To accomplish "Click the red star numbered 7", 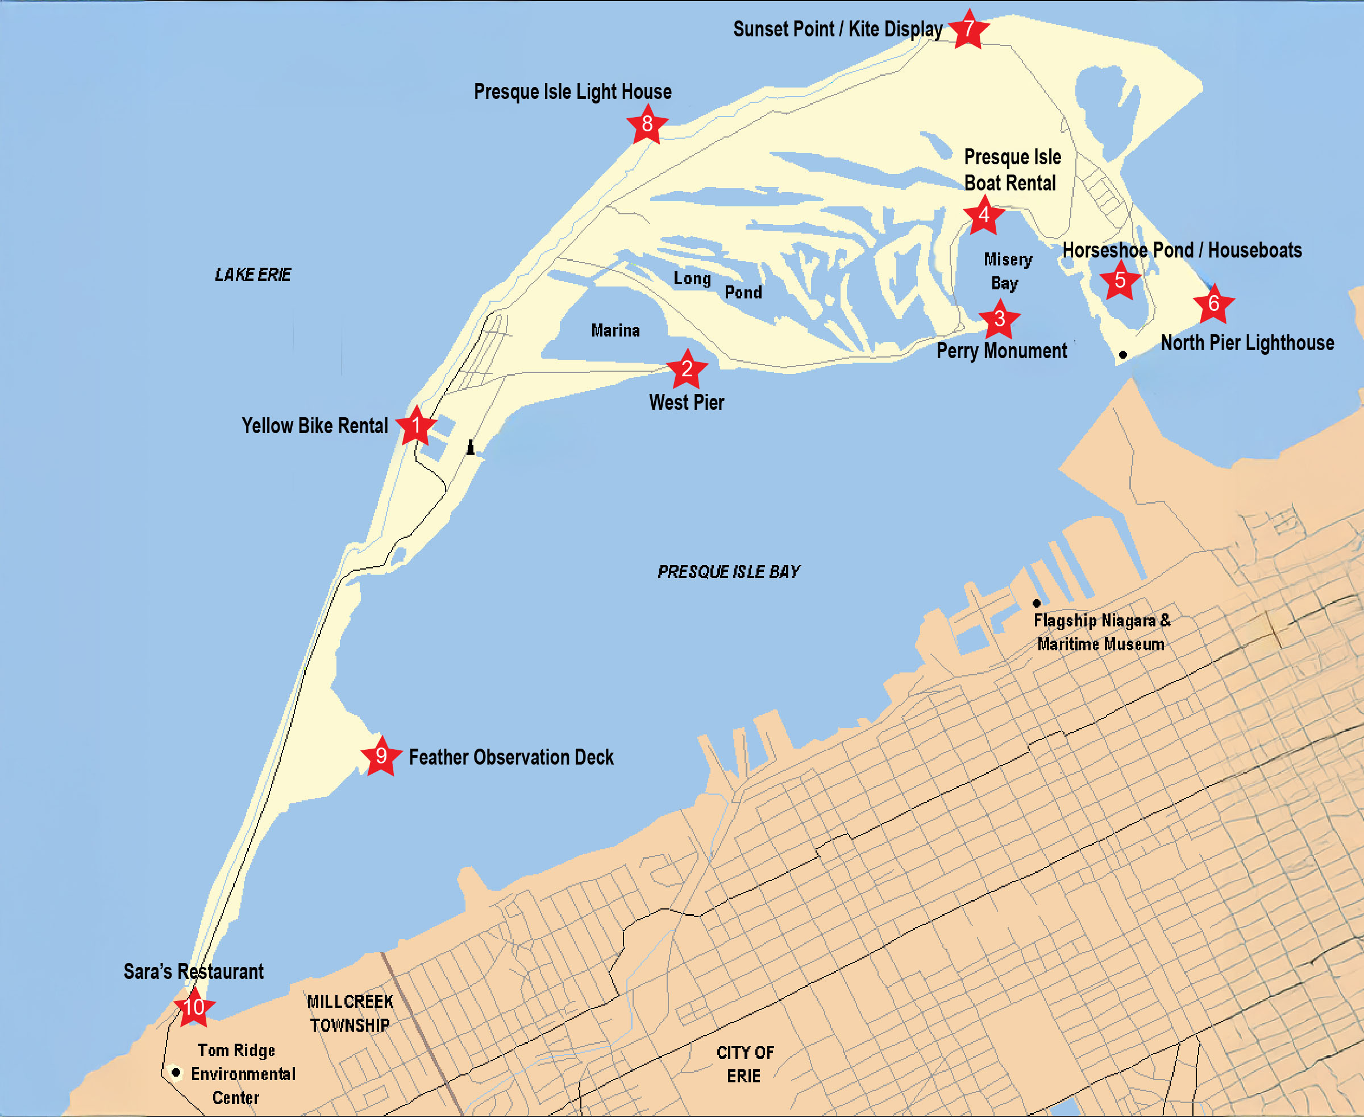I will pos(968,29).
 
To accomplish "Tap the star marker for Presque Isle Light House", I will pos(647,123).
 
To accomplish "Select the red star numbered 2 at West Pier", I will pos(687,369).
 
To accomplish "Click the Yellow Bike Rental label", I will pos(315,426).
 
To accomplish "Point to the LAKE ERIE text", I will pos(253,275).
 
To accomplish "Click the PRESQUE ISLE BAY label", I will pos(729,572).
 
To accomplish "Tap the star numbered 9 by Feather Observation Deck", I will pos(381,755).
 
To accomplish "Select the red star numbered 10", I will pos(194,1007).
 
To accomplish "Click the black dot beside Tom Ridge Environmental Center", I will pos(175,1072).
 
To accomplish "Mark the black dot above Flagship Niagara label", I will pos(1037,603).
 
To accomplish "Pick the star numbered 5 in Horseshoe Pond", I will pos(1120,281).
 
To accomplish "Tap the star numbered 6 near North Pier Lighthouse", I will pos(1213,303).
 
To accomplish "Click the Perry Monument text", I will pos(1001,351).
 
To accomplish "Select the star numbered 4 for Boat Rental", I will pos(984,215).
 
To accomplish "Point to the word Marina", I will pos(615,331).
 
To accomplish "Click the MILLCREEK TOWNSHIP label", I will pos(350,1014).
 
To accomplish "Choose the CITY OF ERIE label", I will pos(745,1064).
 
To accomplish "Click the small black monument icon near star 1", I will pos(471,447).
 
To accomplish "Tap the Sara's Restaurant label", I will pos(193,971).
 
